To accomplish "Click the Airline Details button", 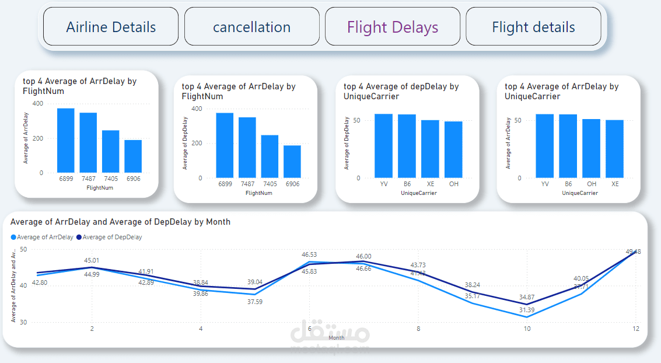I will click(x=111, y=27).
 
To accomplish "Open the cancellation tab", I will click(x=251, y=27).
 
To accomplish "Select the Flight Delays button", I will click(x=392, y=27).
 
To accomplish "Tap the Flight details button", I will click(x=533, y=27).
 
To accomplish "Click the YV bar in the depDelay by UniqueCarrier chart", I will click(x=383, y=146).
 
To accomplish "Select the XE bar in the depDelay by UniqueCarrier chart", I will click(x=430, y=149).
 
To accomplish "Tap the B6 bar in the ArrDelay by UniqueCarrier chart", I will click(x=568, y=146).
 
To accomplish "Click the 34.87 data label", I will click(x=527, y=298).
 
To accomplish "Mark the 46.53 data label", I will click(x=309, y=254).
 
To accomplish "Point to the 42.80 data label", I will click(x=40, y=282).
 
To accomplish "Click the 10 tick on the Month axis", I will click(x=527, y=329).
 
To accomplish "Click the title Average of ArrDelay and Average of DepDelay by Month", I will click(x=120, y=222).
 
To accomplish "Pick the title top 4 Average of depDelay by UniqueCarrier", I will click(x=401, y=91).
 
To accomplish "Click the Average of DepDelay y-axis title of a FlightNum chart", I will click(x=185, y=144).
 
